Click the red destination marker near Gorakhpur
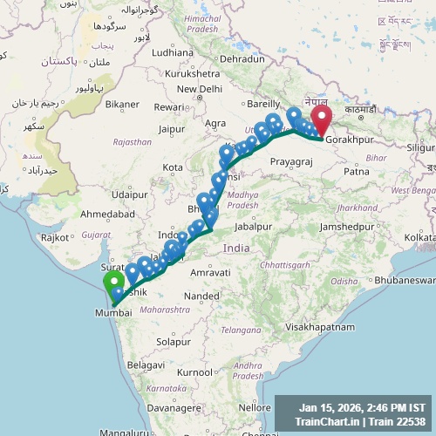(322, 119)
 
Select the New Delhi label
(200, 89)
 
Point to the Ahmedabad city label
(108, 214)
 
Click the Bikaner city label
(122, 105)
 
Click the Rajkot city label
(55, 237)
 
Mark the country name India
(235, 249)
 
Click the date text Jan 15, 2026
(335, 407)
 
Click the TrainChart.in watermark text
(328, 422)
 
